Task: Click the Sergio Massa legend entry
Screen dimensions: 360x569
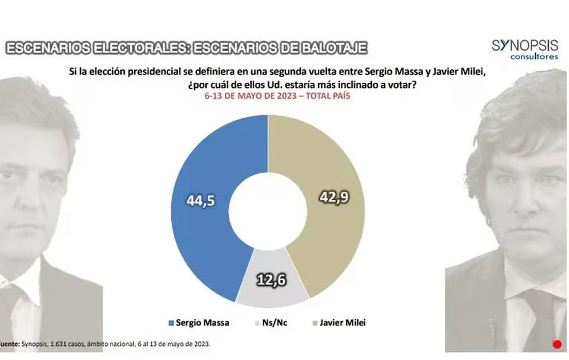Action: tap(202, 323)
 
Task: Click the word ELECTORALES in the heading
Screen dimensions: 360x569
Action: tap(138, 48)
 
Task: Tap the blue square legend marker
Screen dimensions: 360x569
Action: tap(170, 323)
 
